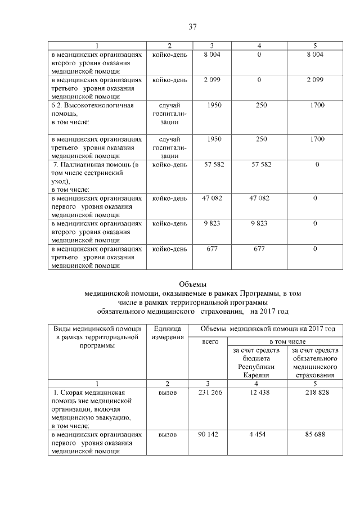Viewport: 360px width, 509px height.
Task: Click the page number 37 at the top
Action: [192, 26]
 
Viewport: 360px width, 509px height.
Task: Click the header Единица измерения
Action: [167, 332]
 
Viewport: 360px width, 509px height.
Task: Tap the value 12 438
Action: [258, 392]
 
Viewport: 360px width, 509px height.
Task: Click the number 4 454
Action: [258, 434]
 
